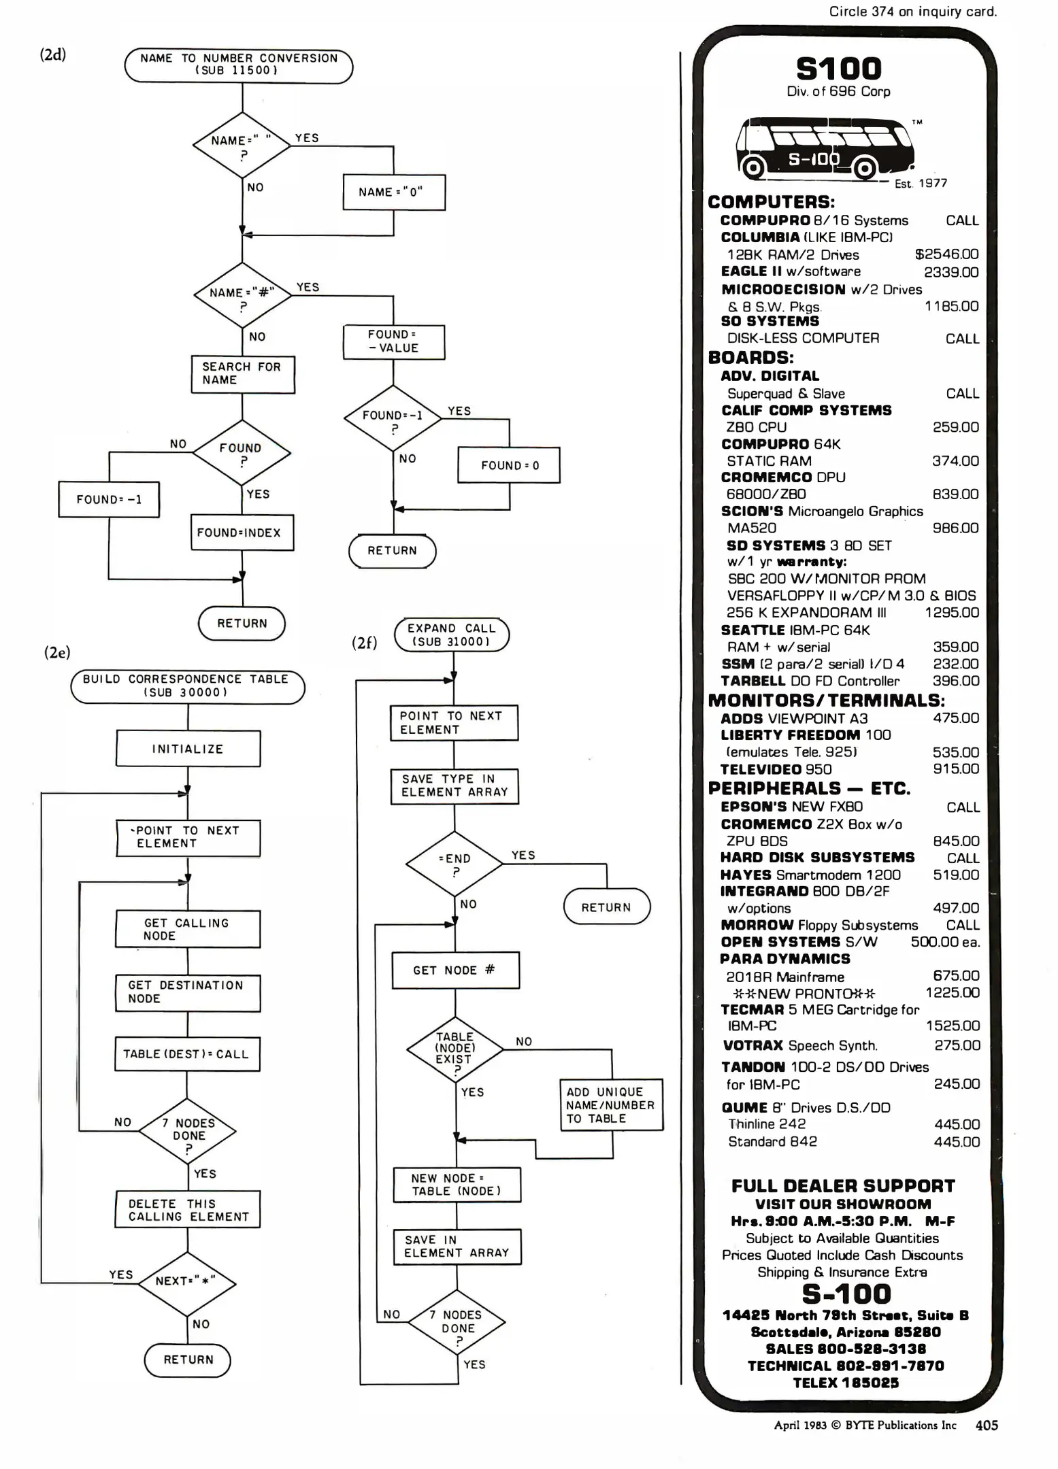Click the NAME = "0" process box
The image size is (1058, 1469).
pyautogui.click(x=394, y=192)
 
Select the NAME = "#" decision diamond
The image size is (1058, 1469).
pyautogui.click(x=242, y=296)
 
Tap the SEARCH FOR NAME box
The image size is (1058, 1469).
pyautogui.click(x=243, y=374)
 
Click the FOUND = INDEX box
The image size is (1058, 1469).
pyautogui.click(x=242, y=533)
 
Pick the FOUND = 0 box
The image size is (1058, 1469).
pyautogui.click(x=509, y=465)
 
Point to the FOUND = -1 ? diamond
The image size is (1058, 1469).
pyautogui.click(x=393, y=418)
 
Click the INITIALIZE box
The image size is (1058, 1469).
pyautogui.click(x=188, y=749)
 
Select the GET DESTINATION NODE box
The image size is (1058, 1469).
pyautogui.click(x=188, y=992)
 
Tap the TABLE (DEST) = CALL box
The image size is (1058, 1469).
pyautogui.click(x=187, y=1054)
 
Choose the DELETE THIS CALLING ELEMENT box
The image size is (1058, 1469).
pyautogui.click(x=188, y=1210)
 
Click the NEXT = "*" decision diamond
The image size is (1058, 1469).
pyautogui.click(x=188, y=1283)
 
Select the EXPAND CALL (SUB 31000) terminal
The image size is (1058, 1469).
pyautogui.click(x=452, y=635)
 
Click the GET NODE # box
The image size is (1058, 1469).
pyautogui.click(x=455, y=970)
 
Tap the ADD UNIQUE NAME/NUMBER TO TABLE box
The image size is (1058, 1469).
pyautogui.click(x=611, y=1105)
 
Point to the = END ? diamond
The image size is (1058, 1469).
pyautogui.click(x=454, y=864)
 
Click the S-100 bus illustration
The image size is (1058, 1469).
pyautogui.click(x=825, y=148)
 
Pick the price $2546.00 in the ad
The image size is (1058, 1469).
pyautogui.click(x=946, y=254)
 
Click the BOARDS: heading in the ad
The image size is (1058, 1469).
pyautogui.click(x=750, y=358)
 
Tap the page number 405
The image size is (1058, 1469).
pyautogui.click(x=987, y=1425)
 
